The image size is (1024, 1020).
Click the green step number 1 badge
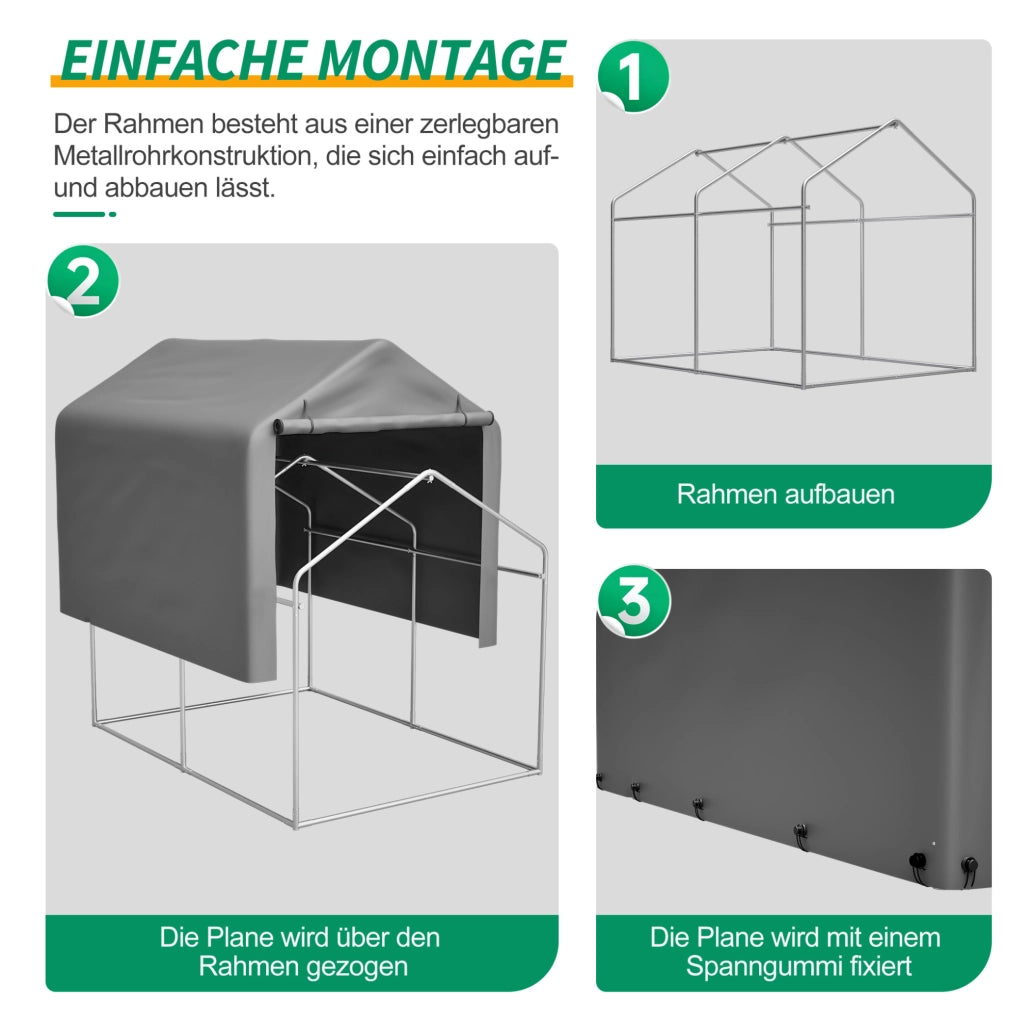click(x=633, y=77)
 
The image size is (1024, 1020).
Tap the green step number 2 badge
click(x=83, y=281)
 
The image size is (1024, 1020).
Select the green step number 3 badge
click(x=633, y=601)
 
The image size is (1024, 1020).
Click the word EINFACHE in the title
click(x=184, y=61)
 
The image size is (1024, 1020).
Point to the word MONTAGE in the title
click(x=443, y=61)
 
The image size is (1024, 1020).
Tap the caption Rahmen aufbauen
click(x=786, y=494)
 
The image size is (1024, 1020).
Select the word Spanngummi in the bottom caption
click(x=754, y=966)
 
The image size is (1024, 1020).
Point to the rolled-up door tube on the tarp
click(x=383, y=421)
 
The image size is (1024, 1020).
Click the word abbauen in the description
click(x=155, y=188)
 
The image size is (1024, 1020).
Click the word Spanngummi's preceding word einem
click(x=906, y=938)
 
